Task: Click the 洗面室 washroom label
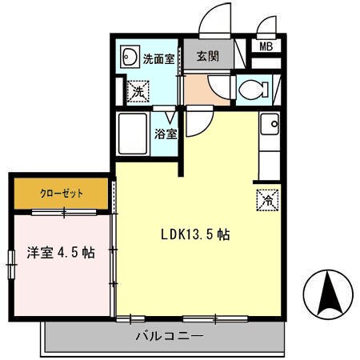click(x=158, y=58)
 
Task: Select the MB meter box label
click(x=266, y=46)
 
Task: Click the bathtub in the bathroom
click(x=132, y=136)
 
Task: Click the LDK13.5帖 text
click(x=196, y=235)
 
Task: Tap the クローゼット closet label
click(x=60, y=193)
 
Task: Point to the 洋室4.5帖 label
click(x=61, y=253)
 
